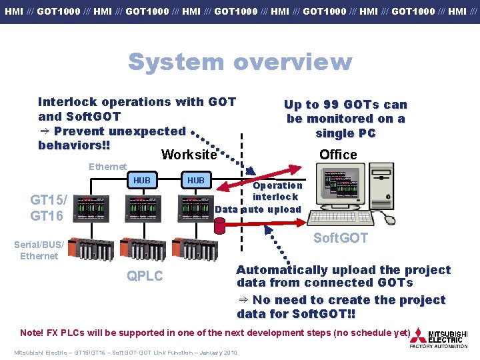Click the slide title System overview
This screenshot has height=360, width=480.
[x=239, y=61]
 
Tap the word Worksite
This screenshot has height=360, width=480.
[x=189, y=155]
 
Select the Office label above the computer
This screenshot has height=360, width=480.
[x=338, y=155]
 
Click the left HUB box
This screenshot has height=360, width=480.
[x=141, y=181]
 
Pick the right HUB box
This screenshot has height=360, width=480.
[x=196, y=181]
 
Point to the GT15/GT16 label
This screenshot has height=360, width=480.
[x=49, y=207]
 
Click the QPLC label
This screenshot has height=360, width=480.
[x=145, y=276]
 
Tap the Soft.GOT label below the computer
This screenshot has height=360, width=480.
[x=341, y=238]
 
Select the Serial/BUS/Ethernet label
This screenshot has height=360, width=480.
[x=39, y=250]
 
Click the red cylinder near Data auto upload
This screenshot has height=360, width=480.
[x=219, y=225]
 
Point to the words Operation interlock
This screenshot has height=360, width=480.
[x=276, y=191]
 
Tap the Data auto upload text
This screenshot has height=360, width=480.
[x=259, y=209]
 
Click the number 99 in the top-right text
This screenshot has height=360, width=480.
[x=331, y=105]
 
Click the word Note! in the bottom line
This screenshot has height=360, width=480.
[x=32, y=333]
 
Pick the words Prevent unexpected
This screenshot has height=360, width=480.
[x=120, y=131]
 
